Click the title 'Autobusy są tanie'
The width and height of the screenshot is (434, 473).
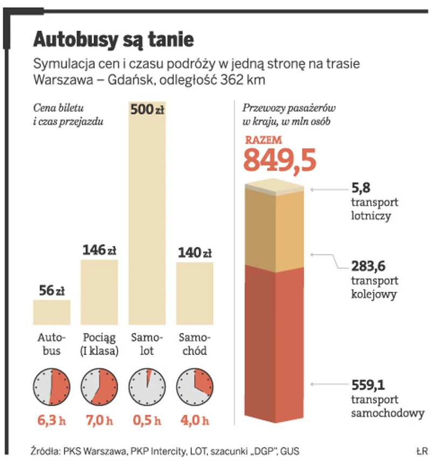click(x=113, y=39)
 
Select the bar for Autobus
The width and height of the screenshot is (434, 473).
click(x=51, y=312)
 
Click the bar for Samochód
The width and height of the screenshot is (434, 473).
click(x=195, y=294)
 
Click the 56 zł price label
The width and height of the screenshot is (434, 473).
click(x=52, y=291)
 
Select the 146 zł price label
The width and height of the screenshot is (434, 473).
click(x=99, y=251)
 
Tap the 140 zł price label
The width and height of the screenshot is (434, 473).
click(x=195, y=253)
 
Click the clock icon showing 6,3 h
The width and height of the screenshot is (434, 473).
click(x=51, y=387)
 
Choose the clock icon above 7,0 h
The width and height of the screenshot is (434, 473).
click(x=99, y=387)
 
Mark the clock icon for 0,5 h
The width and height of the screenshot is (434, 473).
click(x=147, y=387)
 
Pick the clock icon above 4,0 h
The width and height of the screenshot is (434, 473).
click(x=195, y=387)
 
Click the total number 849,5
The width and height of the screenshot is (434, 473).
click(x=279, y=160)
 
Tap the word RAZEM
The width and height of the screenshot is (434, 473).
click(x=264, y=140)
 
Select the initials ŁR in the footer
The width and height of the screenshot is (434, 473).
click(x=422, y=450)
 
